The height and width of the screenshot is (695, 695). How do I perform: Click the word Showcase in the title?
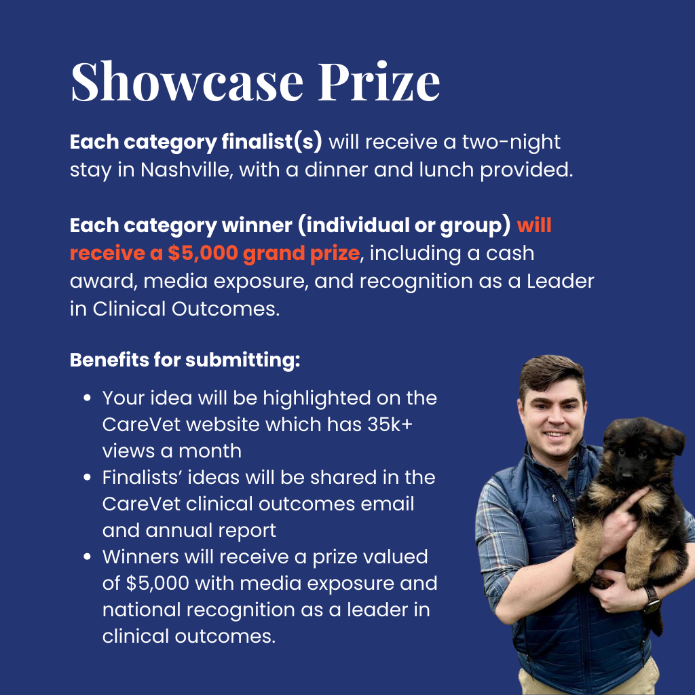pos(187,81)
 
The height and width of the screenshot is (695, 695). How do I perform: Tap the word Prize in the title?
pos(379,81)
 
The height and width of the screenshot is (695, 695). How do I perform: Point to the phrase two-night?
pos(511,143)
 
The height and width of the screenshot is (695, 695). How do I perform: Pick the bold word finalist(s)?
pos(271,143)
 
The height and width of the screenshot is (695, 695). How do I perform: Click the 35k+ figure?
pos(390,424)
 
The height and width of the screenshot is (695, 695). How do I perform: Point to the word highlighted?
pos(316,398)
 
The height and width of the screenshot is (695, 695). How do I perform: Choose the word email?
pos(388,504)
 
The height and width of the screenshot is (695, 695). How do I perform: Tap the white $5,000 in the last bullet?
pos(157,583)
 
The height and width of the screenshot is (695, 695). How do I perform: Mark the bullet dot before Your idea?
pos(88,398)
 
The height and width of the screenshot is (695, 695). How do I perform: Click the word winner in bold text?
pos(257,225)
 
